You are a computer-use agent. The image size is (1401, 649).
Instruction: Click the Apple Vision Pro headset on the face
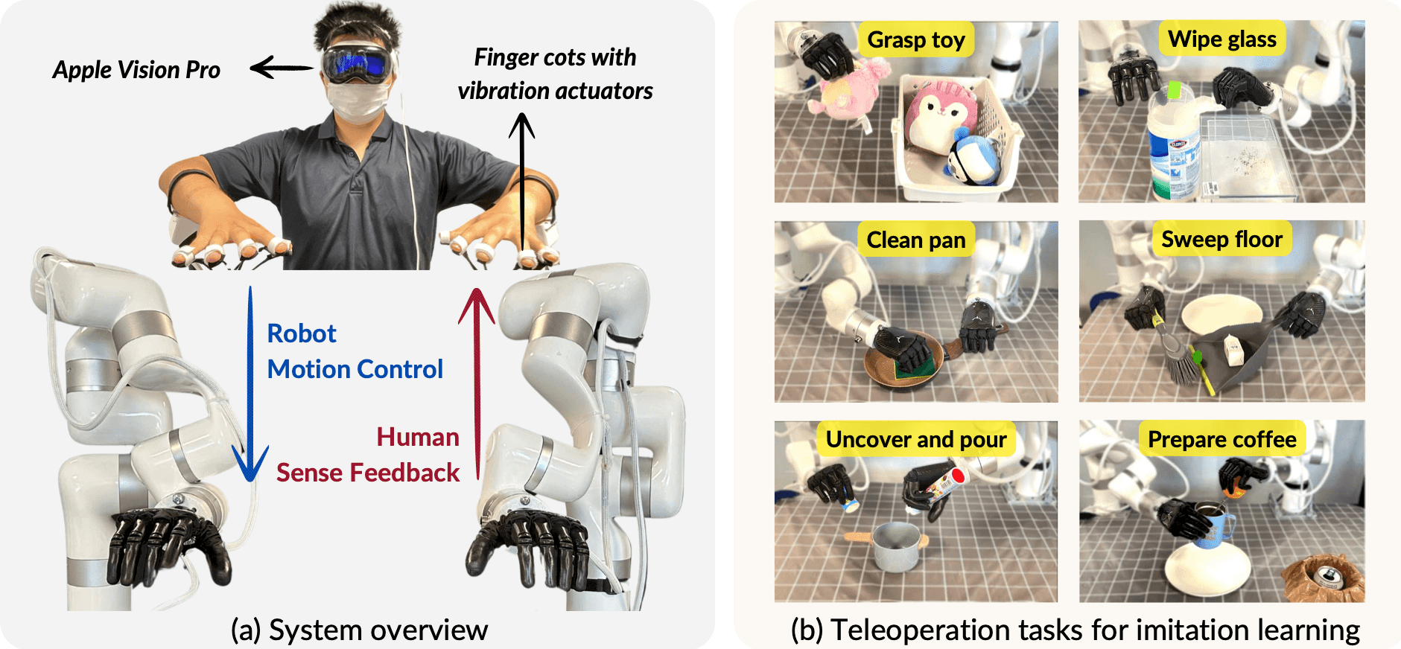point(357,64)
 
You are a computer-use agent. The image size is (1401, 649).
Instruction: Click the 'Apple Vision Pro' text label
point(136,70)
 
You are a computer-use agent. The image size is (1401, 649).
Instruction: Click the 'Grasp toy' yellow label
point(916,39)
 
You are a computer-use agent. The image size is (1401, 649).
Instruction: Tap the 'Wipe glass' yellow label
point(1221,39)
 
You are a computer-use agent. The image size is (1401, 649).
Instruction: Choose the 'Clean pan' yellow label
point(915,240)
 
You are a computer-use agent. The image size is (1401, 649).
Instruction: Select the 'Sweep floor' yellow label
point(1221,239)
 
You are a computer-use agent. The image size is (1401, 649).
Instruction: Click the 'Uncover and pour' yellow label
point(916,439)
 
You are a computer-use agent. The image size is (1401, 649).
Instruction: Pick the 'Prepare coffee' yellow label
point(1221,439)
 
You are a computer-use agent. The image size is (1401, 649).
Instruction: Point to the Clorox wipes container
point(1174,149)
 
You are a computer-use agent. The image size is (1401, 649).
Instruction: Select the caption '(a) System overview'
point(359,630)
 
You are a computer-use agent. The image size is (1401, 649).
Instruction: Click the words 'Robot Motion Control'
point(355,351)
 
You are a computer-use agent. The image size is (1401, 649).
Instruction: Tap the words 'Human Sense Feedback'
point(368,455)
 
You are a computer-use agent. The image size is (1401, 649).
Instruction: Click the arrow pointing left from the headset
point(281,68)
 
